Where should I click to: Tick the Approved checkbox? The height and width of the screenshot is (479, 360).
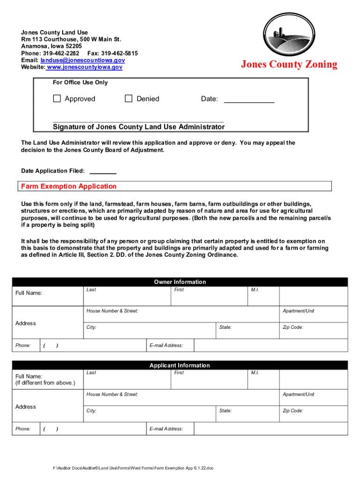57,99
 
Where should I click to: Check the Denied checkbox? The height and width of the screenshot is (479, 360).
129,99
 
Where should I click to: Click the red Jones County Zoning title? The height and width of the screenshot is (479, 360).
289,65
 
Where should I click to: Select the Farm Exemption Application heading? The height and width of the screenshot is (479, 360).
69,187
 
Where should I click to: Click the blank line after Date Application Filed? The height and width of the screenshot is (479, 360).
102,171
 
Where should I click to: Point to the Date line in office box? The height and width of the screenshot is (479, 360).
249,100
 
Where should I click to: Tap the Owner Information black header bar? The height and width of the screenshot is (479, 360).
180,282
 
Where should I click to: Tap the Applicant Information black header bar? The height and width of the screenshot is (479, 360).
180,365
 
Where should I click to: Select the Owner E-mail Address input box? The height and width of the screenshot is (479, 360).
271,345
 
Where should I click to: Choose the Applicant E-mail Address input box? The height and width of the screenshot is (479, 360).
271,428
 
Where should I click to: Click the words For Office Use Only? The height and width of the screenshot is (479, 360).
80,83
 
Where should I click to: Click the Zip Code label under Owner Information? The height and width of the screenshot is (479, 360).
293,327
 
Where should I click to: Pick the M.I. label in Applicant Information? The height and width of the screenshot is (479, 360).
255,373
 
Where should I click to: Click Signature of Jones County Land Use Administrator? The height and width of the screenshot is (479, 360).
138,127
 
